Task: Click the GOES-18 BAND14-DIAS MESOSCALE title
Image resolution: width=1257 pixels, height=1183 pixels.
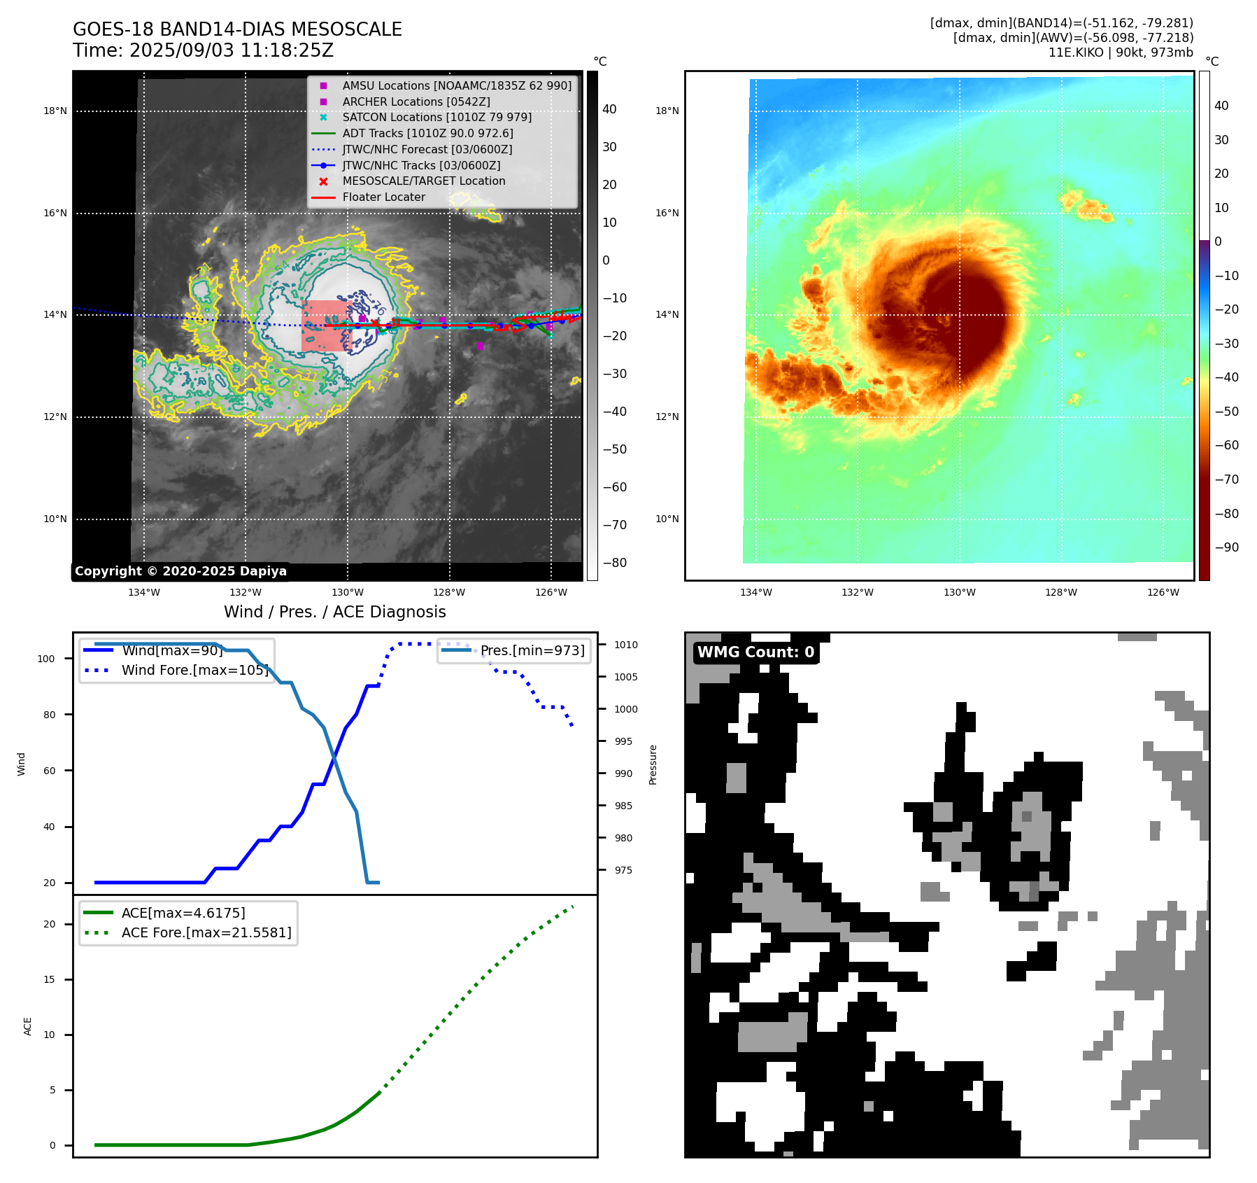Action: tap(237, 29)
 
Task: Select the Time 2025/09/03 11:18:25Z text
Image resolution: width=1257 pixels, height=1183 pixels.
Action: tap(203, 50)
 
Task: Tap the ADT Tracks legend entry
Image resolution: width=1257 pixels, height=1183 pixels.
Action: tap(427, 133)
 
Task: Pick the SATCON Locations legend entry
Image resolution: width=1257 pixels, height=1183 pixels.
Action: tap(436, 117)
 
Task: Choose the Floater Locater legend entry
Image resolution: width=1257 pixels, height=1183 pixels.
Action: tap(383, 197)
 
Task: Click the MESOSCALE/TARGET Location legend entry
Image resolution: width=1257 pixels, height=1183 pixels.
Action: tap(423, 181)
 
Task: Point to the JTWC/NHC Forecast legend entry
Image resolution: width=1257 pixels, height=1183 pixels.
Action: tap(427, 149)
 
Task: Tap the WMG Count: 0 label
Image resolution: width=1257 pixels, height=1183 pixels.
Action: tap(755, 652)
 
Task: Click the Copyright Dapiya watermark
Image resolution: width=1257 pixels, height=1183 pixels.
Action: tap(180, 571)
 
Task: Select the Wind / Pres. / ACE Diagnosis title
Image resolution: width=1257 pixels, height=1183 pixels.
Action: tap(334, 612)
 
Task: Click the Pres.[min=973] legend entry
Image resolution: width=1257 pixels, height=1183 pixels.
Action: tap(532, 650)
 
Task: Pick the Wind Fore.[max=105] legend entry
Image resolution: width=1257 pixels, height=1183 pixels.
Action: tap(194, 670)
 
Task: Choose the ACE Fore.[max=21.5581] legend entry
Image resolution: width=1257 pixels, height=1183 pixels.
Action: tap(206, 932)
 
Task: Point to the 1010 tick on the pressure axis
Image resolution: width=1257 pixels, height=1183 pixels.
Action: tap(626, 645)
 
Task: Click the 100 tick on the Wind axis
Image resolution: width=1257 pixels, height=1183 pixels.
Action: tap(46, 659)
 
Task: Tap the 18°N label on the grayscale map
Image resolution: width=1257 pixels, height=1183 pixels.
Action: tap(55, 111)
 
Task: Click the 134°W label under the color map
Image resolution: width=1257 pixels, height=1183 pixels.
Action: tap(756, 592)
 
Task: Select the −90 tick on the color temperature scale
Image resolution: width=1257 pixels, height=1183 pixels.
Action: tap(1226, 547)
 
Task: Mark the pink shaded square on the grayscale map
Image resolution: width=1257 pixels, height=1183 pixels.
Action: tap(324, 325)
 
